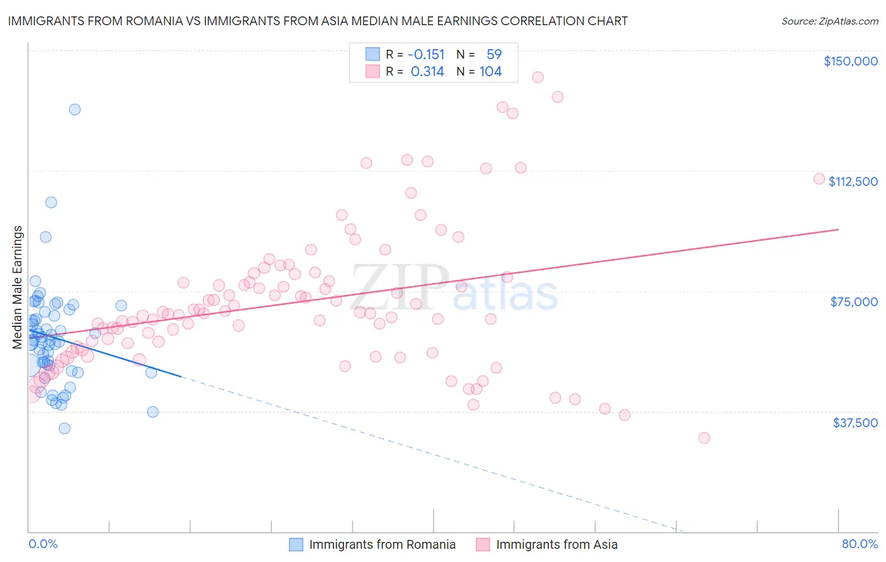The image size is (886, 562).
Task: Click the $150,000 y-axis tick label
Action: pyautogui.click(x=850, y=61)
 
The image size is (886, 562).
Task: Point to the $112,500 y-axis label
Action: pyautogui.click(x=853, y=181)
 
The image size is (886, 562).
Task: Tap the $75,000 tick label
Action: pyautogui.click(x=854, y=302)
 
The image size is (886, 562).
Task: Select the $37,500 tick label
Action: pyautogui.click(x=854, y=423)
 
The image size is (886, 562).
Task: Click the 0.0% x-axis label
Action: pyautogui.click(x=43, y=544)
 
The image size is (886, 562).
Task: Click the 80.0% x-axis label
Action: pyautogui.click(x=860, y=544)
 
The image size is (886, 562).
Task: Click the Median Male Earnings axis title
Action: pyautogui.click(x=18, y=287)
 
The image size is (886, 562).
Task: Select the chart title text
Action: pyautogui.click(x=318, y=21)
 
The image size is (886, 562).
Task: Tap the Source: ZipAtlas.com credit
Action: pyautogui.click(x=829, y=21)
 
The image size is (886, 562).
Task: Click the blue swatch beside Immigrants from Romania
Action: pyautogui.click(x=296, y=544)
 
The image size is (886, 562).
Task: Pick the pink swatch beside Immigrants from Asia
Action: pyautogui.click(x=483, y=544)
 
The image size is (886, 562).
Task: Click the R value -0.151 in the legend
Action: pyautogui.click(x=427, y=55)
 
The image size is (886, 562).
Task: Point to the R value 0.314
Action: pyautogui.click(x=427, y=72)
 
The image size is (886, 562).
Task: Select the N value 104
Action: pyautogui.click(x=490, y=72)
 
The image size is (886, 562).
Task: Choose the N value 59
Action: pyautogui.click(x=494, y=55)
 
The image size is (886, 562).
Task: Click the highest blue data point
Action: pyautogui.click(x=75, y=109)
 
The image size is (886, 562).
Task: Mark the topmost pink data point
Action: pyautogui.click(x=538, y=77)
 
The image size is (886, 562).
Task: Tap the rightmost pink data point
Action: pyautogui.click(x=819, y=178)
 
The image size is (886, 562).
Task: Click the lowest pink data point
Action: pyautogui.click(x=704, y=438)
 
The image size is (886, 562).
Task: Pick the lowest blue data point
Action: pyautogui.click(x=64, y=428)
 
